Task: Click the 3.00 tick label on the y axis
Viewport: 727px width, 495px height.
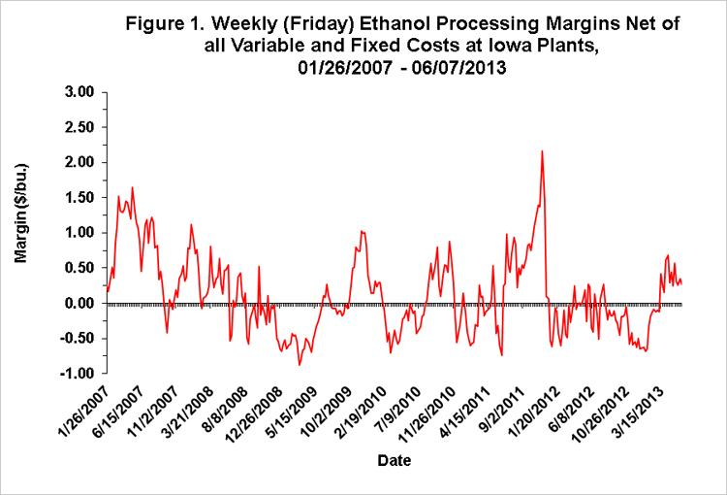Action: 79,92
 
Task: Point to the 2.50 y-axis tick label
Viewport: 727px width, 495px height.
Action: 79,127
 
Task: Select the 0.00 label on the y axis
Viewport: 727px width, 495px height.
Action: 79,303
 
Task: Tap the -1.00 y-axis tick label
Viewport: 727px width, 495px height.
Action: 78,374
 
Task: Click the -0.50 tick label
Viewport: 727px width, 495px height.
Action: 78,338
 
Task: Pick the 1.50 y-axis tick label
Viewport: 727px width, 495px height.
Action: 79,197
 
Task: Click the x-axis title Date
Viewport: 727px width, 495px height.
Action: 395,460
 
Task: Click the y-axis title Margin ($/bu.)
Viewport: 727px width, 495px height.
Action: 21,214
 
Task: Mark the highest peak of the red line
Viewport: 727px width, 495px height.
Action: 542,150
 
